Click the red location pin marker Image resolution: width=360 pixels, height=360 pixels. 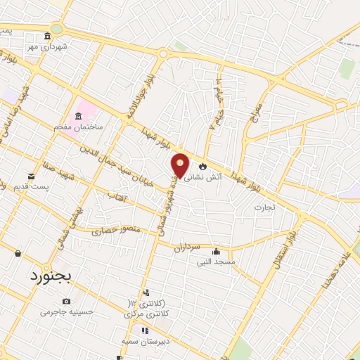point(181,166)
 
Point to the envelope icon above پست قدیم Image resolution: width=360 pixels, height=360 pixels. point(31,176)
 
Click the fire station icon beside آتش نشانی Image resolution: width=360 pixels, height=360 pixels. point(203,167)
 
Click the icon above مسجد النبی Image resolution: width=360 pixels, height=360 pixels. point(217,252)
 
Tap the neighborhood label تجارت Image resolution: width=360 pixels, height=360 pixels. point(265,207)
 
